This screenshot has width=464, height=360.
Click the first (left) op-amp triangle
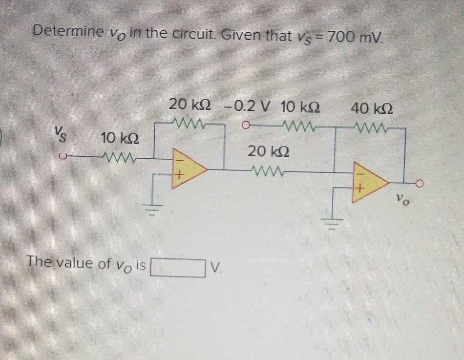pyautogui.click(x=186, y=169)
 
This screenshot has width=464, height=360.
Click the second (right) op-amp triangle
pyautogui.click(x=369, y=183)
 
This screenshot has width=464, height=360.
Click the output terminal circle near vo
pyautogui.click(x=422, y=184)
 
